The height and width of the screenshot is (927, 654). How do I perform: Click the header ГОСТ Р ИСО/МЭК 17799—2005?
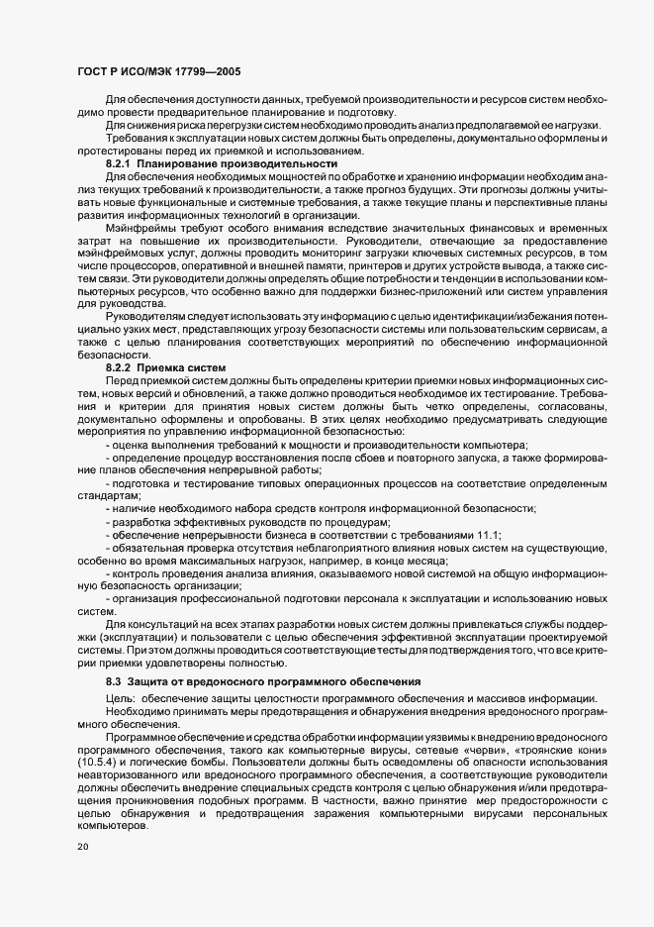pyautogui.click(x=158, y=71)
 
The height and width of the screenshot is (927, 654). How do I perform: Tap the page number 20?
pyautogui.click(x=83, y=848)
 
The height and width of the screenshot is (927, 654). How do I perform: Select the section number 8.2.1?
pyautogui.click(x=119, y=162)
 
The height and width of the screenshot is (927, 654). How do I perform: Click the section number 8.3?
pyautogui.click(x=115, y=681)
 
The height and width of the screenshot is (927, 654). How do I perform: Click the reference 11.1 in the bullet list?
pyautogui.click(x=488, y=535)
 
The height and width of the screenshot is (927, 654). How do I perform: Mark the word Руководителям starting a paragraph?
pyautogui.click(x=145, y=343)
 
